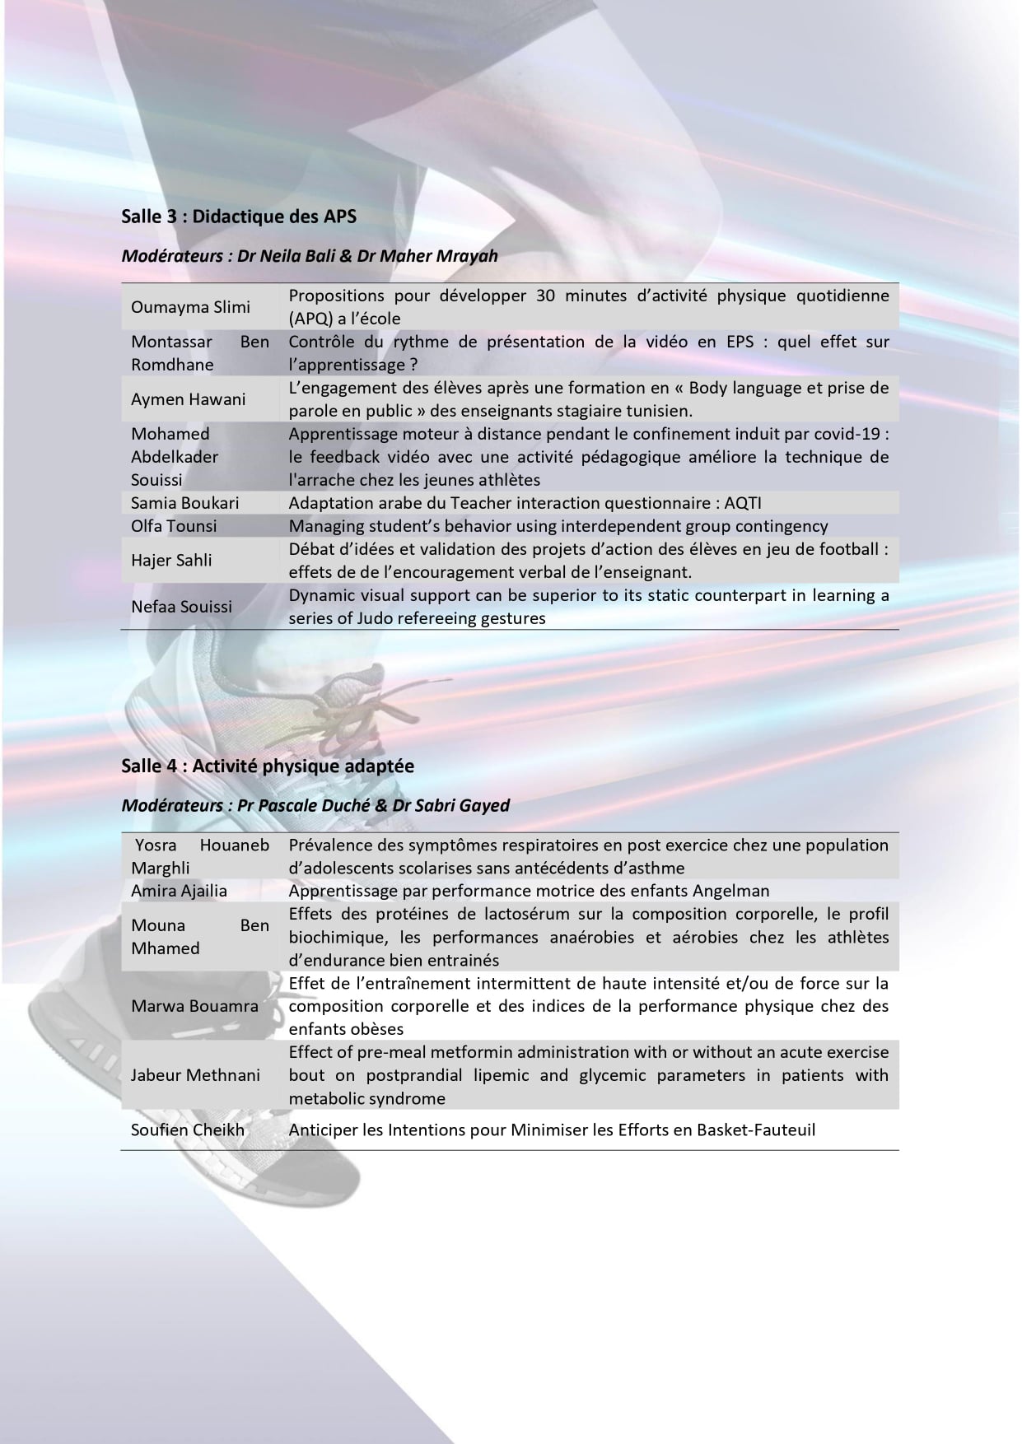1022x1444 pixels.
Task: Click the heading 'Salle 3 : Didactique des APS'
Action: point(239,217)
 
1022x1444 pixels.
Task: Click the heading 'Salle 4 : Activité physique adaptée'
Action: point(268,766)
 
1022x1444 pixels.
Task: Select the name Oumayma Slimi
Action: point(190,307)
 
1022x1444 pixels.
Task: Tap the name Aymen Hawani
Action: point(188,399)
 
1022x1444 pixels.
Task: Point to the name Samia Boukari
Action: point(184,503)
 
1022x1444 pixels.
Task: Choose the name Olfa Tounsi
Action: point(173,526)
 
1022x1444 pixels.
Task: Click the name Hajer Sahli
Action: point(171,561)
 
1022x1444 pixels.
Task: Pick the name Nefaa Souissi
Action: point(181,607)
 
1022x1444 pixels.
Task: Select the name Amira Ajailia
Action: point(179,891)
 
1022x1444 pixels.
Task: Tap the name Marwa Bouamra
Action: point(194,1006)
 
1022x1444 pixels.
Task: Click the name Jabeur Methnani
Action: point(195,1075)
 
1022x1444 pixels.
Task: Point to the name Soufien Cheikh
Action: point(188,1130)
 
